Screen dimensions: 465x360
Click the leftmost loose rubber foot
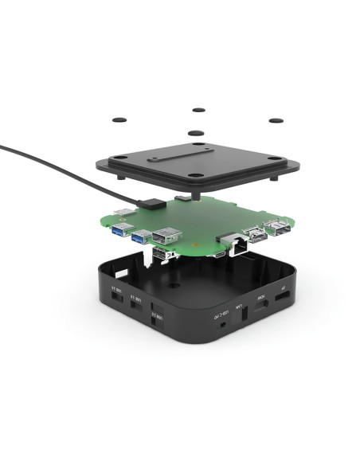(119, 119)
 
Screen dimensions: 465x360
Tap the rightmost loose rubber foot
(276, 120)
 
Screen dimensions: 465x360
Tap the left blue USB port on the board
(120, 232)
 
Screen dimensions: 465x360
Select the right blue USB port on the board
(140, 236)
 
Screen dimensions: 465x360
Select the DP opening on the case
(283, 295)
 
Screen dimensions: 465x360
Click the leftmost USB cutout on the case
(115, 295)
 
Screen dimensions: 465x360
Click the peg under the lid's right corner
(276, 178)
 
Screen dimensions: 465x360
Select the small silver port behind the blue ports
(127, 213)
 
